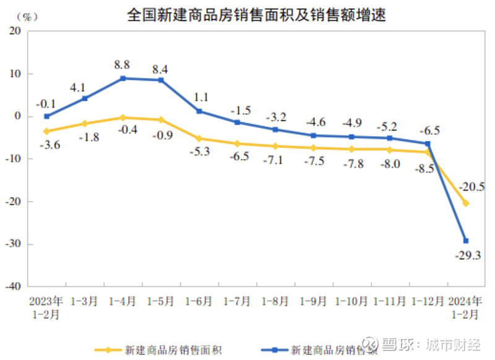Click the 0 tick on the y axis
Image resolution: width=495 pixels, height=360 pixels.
19,116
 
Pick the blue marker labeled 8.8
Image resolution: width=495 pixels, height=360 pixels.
123,79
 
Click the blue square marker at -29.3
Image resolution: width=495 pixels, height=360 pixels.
466,241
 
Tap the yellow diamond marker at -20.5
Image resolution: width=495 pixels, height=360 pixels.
466,204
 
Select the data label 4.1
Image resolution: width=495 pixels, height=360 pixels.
78,87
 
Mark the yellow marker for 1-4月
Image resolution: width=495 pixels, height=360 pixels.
123,118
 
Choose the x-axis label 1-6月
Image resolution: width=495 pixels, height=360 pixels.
199,302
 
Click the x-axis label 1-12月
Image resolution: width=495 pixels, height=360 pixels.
428,302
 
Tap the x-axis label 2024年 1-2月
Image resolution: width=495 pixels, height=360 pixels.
466,307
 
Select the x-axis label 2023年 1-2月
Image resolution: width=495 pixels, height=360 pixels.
46,307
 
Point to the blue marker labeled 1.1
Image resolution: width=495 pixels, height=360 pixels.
199,111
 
